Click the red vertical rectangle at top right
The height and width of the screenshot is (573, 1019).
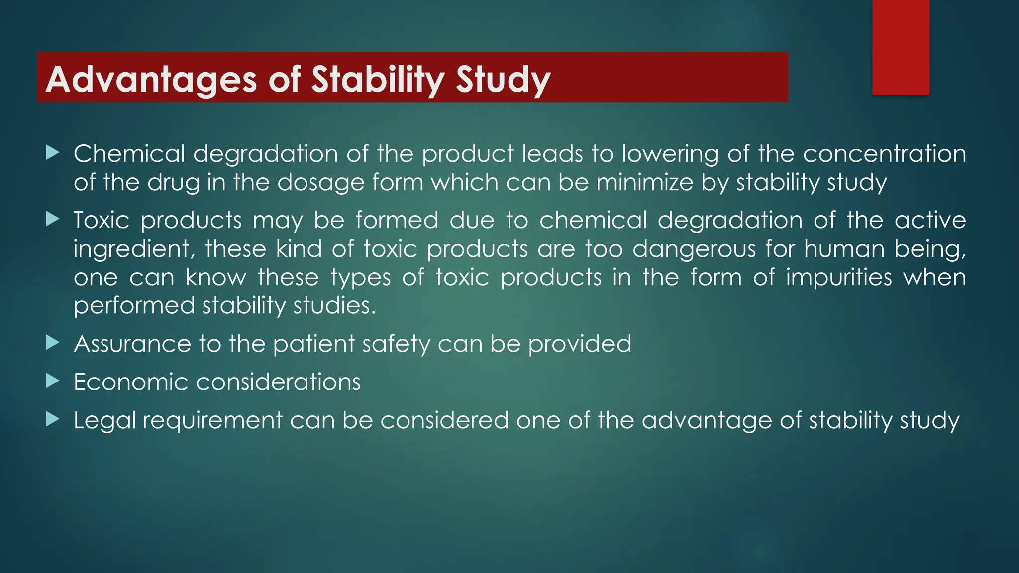click(x=901, y=47)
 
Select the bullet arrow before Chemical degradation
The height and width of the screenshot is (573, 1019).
click(x=52, y=152)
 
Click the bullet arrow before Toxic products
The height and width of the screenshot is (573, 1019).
click(x=52, y=219)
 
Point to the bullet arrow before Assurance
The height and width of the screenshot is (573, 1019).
click(x=52, y=342)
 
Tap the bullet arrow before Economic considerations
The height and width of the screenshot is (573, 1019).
click(x=52, y=381)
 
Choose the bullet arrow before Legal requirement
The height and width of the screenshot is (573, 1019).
click(x=52, y=419)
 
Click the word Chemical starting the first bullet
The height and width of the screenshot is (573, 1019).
click(x=129, y=153)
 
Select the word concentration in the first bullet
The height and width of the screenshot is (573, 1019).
click(x=884, y=153)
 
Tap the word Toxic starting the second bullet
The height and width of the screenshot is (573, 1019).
click(x=102, y=220)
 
